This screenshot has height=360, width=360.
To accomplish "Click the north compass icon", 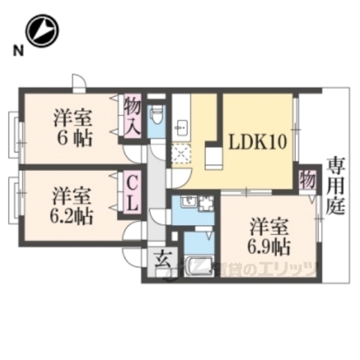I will (42, 31).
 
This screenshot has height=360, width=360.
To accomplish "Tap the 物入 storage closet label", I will (133, 114).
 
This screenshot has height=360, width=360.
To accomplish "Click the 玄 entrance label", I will (161, 263).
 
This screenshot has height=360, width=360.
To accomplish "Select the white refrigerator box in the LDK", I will (213, 158).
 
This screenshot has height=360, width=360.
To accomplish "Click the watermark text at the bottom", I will (262, 268).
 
